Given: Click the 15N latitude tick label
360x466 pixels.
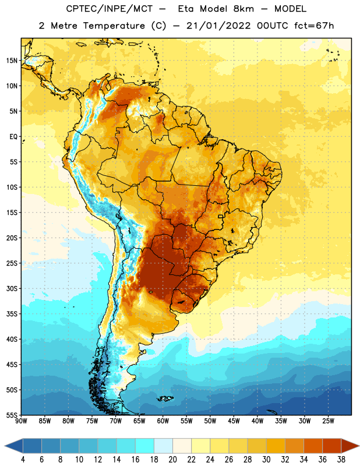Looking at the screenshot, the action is (x=12, y=61).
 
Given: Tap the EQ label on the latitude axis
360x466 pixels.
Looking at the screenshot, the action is (x=13, y=137).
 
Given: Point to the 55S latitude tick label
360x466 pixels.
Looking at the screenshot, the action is (x=12, y=415).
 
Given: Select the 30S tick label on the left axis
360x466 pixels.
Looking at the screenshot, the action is (x=12, y=288).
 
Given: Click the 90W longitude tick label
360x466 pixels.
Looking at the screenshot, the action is (x=21, y=421).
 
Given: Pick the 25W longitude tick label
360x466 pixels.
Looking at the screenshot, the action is (x=328, y=421).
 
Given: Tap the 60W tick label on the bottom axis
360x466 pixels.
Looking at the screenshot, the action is (x=163, y=421).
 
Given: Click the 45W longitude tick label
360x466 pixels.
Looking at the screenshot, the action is (x=234, y=421).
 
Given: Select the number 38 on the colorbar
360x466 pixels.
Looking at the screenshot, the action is (x=341, y=460).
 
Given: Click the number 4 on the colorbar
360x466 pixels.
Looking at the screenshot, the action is (x=23, y=460).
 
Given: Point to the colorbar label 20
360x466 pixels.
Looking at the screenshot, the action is (x=172, y=460).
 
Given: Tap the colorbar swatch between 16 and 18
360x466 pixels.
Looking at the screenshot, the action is (x=145, y=446).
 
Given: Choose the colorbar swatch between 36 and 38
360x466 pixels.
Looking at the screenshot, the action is (x=332, y=446).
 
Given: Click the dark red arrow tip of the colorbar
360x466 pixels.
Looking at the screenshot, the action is (x=358, y=446).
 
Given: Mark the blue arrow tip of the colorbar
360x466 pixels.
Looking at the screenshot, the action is (x=5, y=446).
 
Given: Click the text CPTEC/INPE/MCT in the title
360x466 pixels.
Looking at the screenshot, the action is (x=110, y=9).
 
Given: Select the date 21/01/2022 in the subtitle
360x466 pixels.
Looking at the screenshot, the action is (x=218, y=26).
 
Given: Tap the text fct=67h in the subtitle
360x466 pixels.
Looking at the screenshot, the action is (x=314, y=26).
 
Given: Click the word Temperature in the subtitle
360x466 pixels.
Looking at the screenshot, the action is (x=114, y=26).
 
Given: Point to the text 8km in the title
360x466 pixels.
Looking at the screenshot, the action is (x=243, y=9).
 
